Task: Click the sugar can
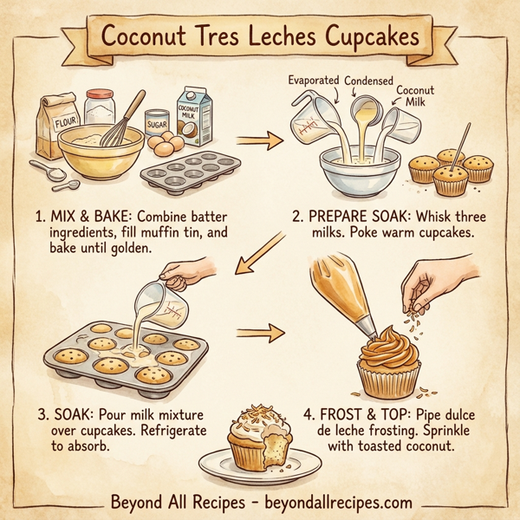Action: pyautogui.click(x=157, y=125)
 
